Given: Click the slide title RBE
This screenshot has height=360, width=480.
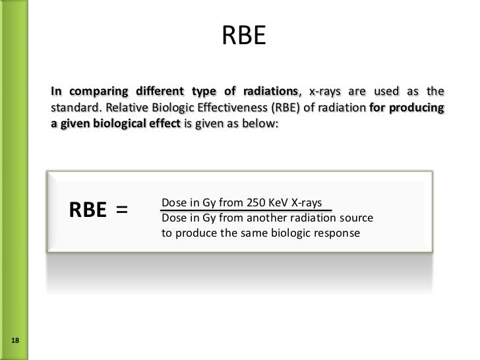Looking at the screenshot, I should click(x=243, y=37).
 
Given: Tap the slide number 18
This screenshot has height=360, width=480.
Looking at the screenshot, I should click(x=16, y=340).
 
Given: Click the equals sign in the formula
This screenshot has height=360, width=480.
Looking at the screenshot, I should click(x=122, y=210).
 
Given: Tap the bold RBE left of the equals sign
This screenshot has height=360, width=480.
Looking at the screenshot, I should click(x=88, y=210).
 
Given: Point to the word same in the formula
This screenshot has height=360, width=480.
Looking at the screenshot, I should click(x=266, y=233).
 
